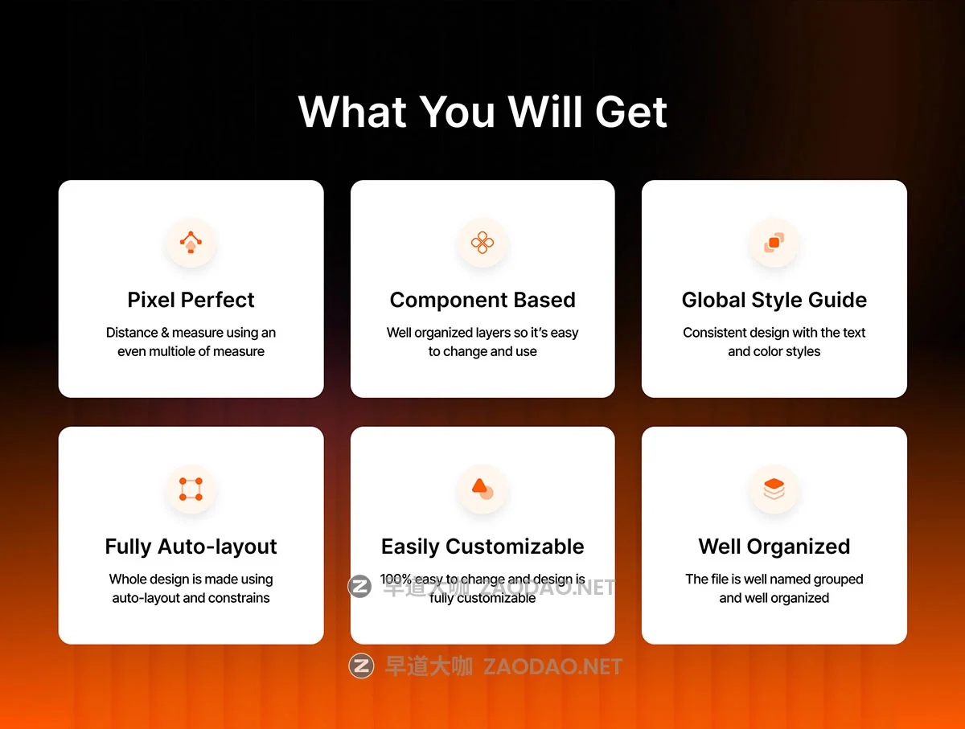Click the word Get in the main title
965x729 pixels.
[x=631, y=113]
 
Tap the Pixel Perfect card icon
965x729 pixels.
[x=191, y=242]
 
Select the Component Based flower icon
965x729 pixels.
[x=482, y=242]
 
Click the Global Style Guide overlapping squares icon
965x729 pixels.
[x=774, y=242]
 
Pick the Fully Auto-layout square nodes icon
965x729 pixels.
[x=191, y=489]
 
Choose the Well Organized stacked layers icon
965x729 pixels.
[x=774, y=489]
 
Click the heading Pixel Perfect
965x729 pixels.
[x=191, y=300]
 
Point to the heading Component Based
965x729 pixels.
[x=482, y=300]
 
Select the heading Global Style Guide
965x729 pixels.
[x=774, y=301]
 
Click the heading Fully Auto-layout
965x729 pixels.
[x=191, y=547]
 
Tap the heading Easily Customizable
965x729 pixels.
[x=482, y=547]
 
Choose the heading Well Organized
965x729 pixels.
[x=774, y=547]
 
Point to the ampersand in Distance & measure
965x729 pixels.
[x=165, y=333]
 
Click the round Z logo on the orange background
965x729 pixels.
[x=361, y=666]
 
